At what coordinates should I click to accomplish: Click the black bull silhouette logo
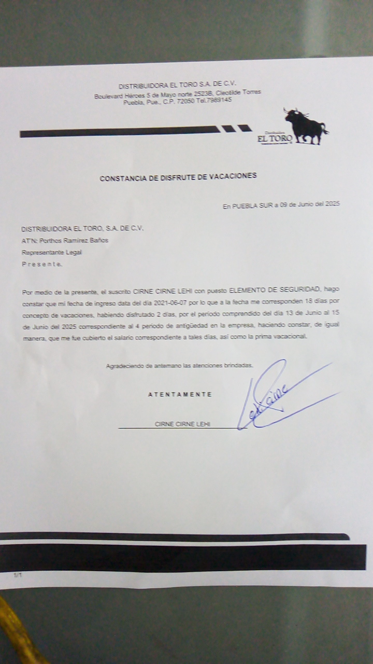pos(306,126)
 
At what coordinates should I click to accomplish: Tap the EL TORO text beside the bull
pos(275,139)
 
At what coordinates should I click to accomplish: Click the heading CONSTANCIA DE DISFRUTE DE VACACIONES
pos(178,177)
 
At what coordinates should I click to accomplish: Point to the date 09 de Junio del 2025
pos(309,205)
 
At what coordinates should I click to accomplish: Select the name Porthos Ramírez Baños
pos(74,240)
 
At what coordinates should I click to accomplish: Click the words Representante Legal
pos(51,253)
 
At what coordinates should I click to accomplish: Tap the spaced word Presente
pos(42,264)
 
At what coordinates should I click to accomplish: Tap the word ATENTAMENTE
pos(180,394)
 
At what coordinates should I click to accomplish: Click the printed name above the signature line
pos(182,424)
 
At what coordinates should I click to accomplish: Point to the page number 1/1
pos(18,575)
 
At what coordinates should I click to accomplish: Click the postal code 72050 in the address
pos(185,101)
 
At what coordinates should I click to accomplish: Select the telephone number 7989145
pos(220,100)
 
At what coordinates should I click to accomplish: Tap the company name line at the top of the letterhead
pos(177,86)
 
